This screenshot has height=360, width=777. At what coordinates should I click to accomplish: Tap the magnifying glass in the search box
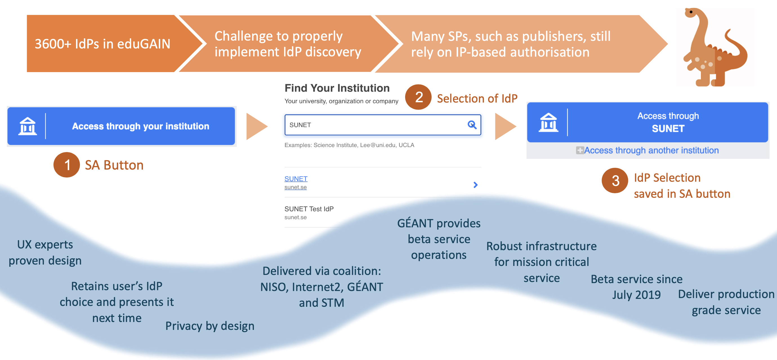(472, 125)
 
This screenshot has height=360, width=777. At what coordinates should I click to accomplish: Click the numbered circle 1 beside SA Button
(67, 165)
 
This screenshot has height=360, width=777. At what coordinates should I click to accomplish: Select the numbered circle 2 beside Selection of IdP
(418, 97)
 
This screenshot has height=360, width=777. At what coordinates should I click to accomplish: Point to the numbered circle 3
(615, 181)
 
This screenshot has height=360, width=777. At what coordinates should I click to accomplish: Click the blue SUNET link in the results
(296, 179)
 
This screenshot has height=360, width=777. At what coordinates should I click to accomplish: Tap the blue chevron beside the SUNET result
(475, 185)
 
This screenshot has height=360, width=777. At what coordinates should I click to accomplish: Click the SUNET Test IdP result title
(309, 209)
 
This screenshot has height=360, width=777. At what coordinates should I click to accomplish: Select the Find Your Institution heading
(337, 88)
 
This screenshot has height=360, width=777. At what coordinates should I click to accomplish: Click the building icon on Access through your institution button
(28, 126)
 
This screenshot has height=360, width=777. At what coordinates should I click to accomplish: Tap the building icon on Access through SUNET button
(548, 122)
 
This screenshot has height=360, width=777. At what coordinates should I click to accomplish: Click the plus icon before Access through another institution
(580, 150)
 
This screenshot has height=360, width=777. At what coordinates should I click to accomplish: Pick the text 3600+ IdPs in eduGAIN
(102, 44)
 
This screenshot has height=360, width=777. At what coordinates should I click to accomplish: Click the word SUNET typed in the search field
(300, 125)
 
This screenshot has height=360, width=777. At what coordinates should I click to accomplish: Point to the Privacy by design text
(210, 326)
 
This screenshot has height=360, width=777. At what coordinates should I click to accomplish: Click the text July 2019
(637, 295)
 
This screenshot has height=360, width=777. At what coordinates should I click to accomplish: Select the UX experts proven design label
(45, 252)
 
